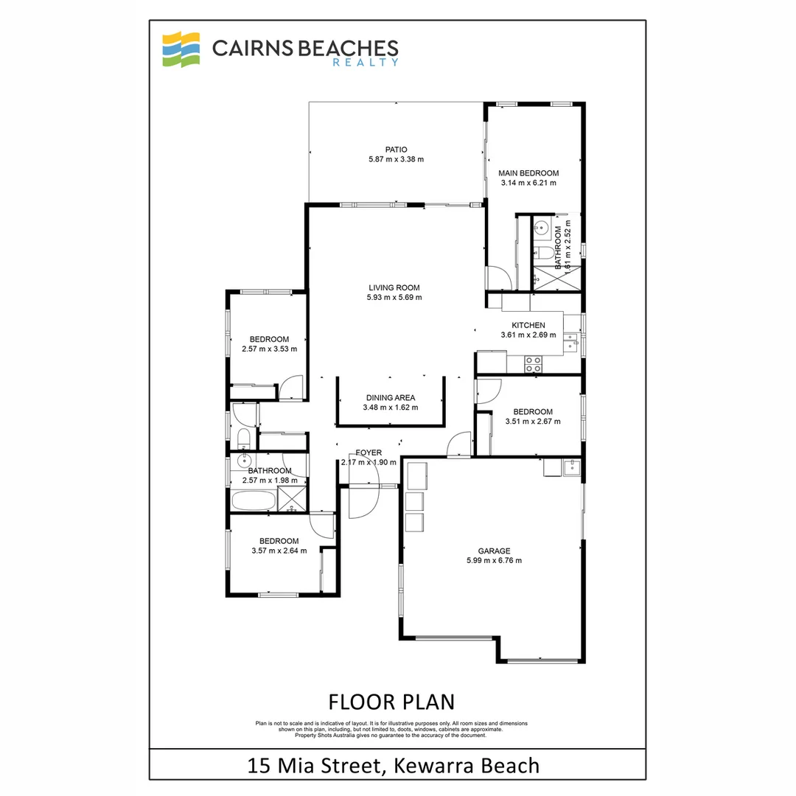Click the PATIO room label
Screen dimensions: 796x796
tap(397, 149)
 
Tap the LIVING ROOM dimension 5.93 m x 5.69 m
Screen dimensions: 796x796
tap(394, 298)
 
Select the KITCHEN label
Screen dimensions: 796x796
tap(528, 325)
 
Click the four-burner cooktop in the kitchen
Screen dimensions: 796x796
tap(533, 363)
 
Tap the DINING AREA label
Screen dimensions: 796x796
tap(390, 398)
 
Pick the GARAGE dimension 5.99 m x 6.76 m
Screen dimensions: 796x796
tap(493, 560)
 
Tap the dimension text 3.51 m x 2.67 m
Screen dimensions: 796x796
tap(532, 422)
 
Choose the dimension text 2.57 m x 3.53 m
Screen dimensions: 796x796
tap(269, 349)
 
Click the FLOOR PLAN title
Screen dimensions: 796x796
tap(391, 700)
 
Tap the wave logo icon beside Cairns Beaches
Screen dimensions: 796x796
tap(181, 49)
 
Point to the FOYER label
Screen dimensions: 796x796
tap(369, 453)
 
